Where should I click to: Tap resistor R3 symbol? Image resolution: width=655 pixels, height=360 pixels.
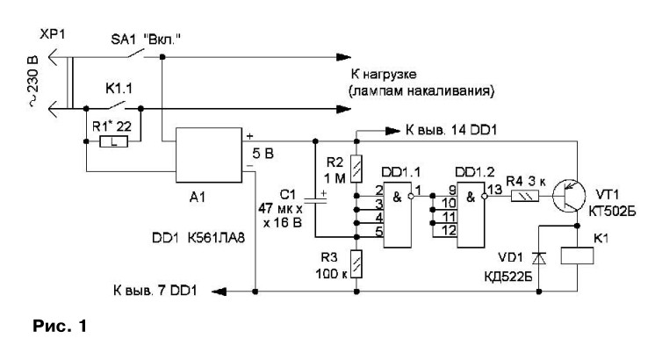pos(356,262)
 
